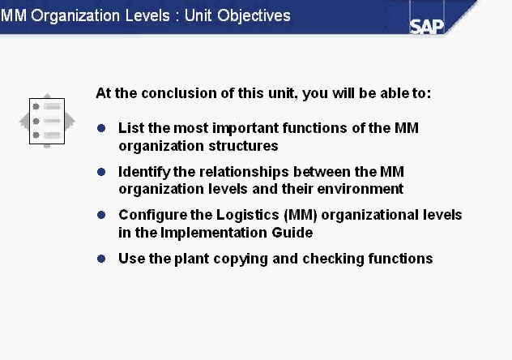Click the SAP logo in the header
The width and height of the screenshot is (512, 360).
point(426,27)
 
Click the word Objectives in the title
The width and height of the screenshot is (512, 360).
point(254,16)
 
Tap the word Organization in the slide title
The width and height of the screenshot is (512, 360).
point(75,16)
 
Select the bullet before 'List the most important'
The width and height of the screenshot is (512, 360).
point(101,128)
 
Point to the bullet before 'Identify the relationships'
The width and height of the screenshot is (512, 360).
point(101,172)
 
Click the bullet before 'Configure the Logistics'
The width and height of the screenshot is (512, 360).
point(101,215)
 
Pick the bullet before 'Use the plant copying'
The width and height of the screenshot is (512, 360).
point(101,259)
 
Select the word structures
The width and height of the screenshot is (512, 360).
point(243,146)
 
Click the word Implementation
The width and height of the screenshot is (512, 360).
point(214,233)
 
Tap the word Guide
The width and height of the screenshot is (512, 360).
point(292,233)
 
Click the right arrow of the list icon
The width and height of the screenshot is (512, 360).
point(70,121)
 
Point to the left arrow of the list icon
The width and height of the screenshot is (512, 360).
point(24,122)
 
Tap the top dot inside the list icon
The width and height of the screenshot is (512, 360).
point(36,106)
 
